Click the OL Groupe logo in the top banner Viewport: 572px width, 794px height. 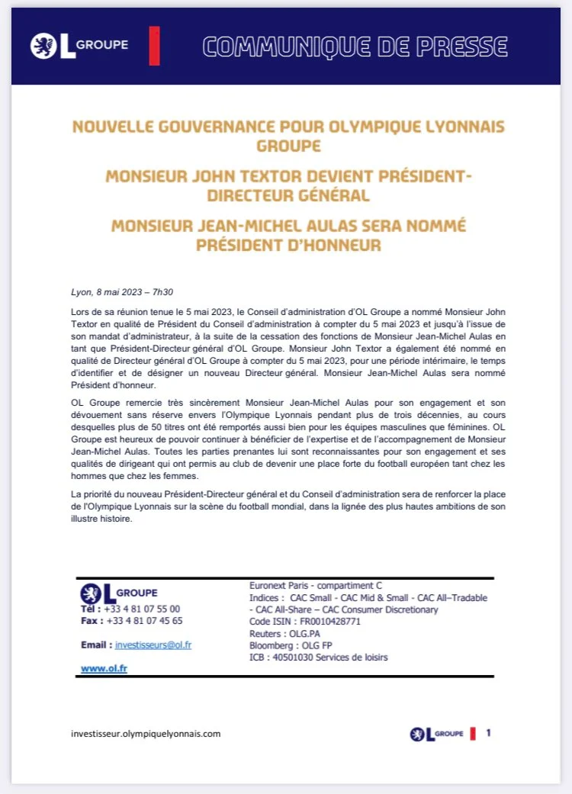(79, 45)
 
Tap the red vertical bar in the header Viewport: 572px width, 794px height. (155, 45)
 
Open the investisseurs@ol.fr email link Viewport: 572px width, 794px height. (153, 645)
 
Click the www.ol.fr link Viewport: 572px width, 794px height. (104, 669)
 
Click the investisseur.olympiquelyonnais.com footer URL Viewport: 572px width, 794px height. (145, 734)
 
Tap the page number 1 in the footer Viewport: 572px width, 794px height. (488, 733)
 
